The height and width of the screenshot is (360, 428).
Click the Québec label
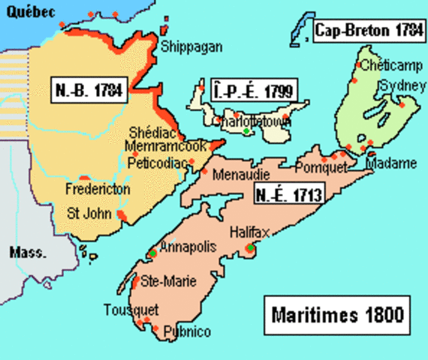coord(23,9)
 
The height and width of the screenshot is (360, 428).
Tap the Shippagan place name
coord(191,47)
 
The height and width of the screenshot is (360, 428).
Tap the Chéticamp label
coord(387,66)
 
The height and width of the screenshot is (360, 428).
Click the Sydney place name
coord(397,85)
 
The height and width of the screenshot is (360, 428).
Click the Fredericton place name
coord(98,189)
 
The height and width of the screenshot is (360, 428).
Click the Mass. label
coord(25,251)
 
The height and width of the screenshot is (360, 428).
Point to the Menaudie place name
coord(237,175)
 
